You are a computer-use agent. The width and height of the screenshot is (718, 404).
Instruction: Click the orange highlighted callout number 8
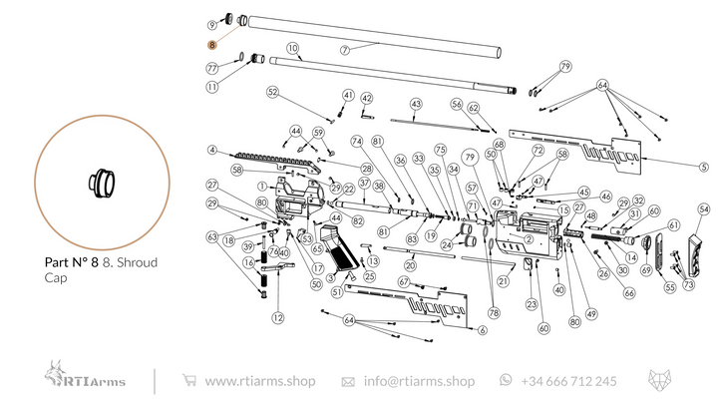211,45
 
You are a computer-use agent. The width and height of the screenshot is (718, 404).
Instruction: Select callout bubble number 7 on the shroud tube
345,49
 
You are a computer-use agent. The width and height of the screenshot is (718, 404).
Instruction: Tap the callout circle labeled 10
293,48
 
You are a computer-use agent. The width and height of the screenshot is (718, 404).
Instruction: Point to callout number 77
212,68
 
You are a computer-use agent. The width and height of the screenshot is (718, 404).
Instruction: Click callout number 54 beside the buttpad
704,209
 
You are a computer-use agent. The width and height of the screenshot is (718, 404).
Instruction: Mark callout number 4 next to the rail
212,151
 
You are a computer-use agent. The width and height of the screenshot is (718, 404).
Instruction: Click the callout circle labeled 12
278,317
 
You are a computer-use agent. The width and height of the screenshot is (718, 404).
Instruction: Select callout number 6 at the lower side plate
482,330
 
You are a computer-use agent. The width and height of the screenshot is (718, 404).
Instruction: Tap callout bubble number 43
416,104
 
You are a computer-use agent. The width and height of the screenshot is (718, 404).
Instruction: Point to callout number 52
271,92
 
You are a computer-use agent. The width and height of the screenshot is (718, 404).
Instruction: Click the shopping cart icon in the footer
188,381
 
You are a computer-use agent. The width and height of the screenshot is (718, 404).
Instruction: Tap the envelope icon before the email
348,381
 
